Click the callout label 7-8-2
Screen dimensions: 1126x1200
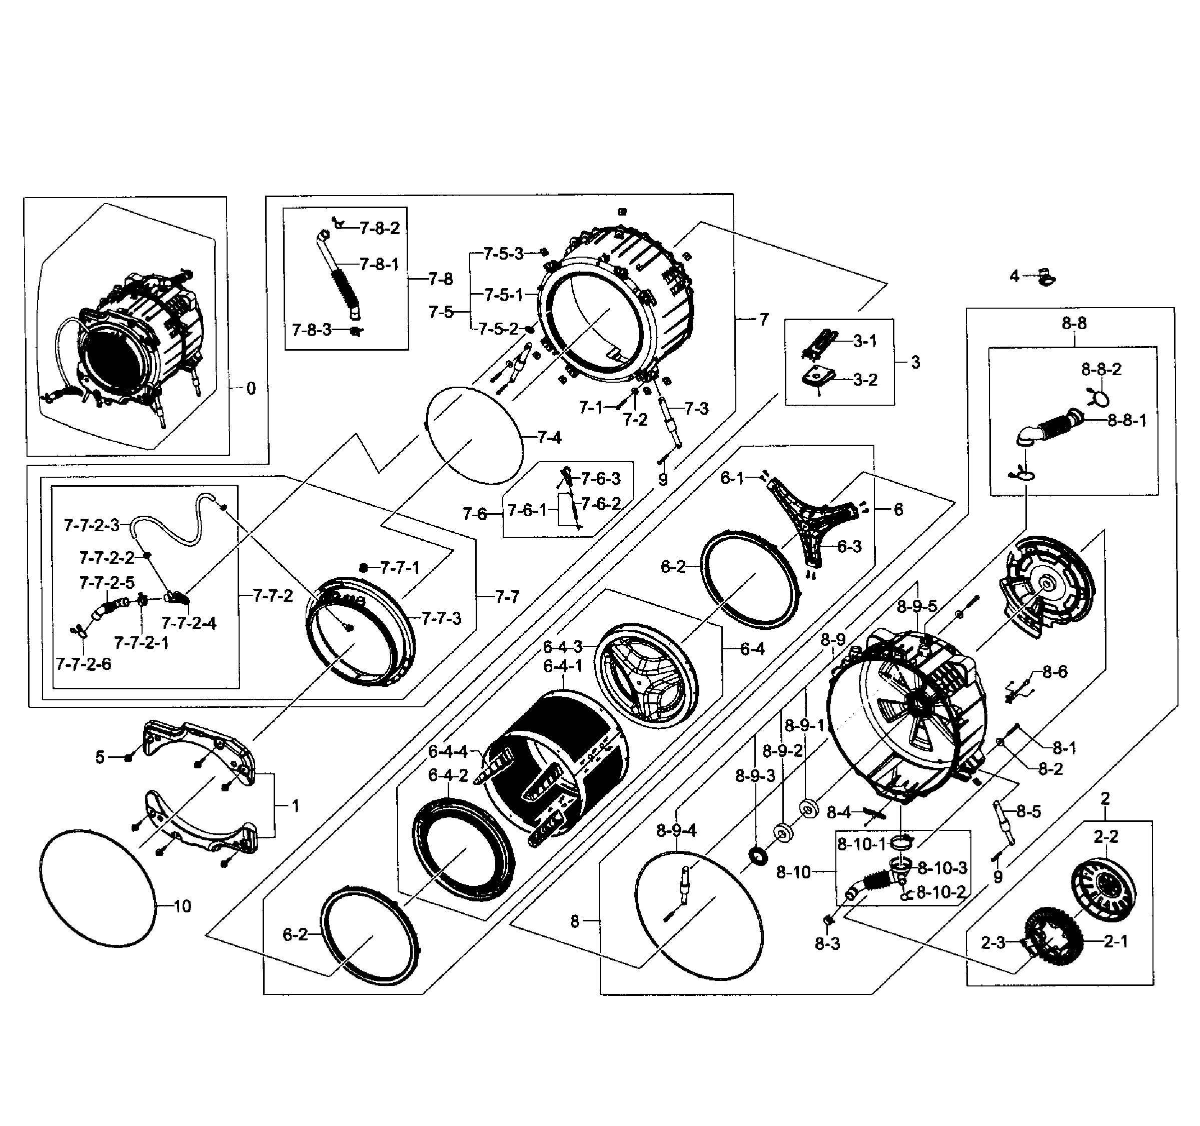[380, 228]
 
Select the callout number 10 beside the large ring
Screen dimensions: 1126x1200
[182, 906]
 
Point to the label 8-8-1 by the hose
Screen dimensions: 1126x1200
[1126, 421]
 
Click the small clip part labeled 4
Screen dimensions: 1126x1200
[1045, 277]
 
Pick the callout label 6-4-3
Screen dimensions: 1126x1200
[563, 647]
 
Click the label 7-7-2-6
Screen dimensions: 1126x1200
[84, 664]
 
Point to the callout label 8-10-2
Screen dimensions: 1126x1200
[941, 892]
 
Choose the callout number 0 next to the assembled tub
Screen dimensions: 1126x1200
[251, 389]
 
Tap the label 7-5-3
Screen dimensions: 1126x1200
[503, 254]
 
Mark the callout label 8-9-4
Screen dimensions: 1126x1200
[676, 831]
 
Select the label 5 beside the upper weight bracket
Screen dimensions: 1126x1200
[100, 758]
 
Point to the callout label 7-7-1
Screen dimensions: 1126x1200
[400, 568]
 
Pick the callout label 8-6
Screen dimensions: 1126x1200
[1054, 672]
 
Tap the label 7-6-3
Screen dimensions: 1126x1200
[600, 479]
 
